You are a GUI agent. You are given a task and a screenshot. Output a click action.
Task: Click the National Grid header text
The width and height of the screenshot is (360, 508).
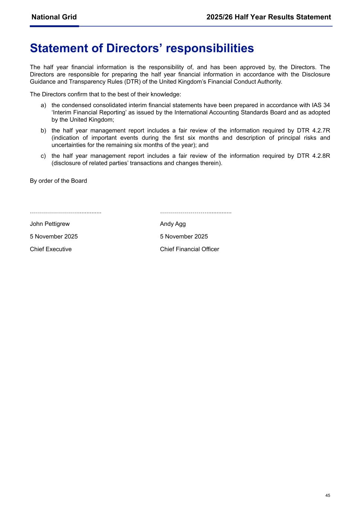coord(54,17)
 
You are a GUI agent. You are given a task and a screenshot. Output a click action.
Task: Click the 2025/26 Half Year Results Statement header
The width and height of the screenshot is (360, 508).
coord(269,17)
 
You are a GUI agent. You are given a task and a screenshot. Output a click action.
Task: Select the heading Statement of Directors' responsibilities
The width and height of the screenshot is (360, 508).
coord(142,48)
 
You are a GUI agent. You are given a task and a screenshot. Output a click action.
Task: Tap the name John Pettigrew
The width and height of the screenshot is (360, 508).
coord(50,224)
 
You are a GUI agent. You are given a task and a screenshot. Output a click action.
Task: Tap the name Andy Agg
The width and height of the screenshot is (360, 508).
coord(173,224)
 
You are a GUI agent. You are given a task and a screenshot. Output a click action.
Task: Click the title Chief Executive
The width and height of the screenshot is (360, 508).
coord(51,249)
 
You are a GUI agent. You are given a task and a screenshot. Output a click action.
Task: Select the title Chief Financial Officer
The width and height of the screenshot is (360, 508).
coord(189,249)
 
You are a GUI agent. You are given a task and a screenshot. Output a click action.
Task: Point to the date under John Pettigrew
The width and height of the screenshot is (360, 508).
coord(54,237)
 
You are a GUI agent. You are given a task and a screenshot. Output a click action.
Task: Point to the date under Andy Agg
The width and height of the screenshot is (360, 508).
coord(184,237)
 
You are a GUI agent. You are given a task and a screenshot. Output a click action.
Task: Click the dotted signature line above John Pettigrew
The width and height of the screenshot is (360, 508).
coord(65,212)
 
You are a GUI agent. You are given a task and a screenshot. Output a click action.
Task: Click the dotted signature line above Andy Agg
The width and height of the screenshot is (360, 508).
coord(196,212)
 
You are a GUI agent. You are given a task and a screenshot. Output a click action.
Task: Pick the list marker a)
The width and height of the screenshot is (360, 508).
coord(44,106)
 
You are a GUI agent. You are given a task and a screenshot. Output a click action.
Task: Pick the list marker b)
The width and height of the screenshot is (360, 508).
coord(44,131)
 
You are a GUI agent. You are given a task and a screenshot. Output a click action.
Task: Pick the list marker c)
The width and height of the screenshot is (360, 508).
coord(44,156)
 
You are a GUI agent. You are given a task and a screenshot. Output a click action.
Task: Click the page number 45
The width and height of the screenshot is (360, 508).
coord(328,495)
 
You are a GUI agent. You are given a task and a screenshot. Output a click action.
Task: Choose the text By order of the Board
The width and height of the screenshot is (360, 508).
coord(58,181)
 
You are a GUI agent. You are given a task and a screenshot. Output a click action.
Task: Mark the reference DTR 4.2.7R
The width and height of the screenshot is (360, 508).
coord(313,131)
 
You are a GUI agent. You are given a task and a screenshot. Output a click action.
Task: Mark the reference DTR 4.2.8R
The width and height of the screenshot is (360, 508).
coord(313,156)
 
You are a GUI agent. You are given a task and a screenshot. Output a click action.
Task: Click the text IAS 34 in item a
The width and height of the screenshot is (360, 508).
coord(321,106)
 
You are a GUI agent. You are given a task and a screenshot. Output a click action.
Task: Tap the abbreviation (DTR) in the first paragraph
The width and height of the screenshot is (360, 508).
coord(131,82)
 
